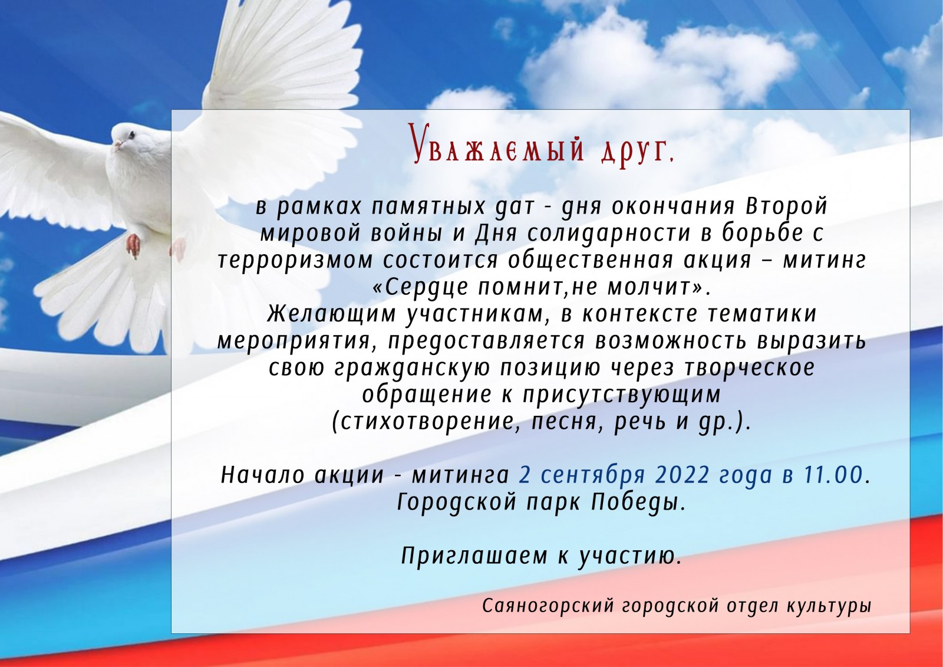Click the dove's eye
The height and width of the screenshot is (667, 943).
(x=133, y=135)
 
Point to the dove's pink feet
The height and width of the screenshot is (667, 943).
(x=134, y=246)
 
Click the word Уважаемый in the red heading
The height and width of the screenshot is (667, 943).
(x=497, y=144)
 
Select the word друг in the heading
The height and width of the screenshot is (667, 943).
(x=634, y=150)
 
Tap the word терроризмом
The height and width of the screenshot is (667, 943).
(x=295, y=261)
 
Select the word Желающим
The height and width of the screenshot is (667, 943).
(x=332, y=314)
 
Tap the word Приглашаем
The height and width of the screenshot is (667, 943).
(x=474, y=557)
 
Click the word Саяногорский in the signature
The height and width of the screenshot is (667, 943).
(x=549, y=606)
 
